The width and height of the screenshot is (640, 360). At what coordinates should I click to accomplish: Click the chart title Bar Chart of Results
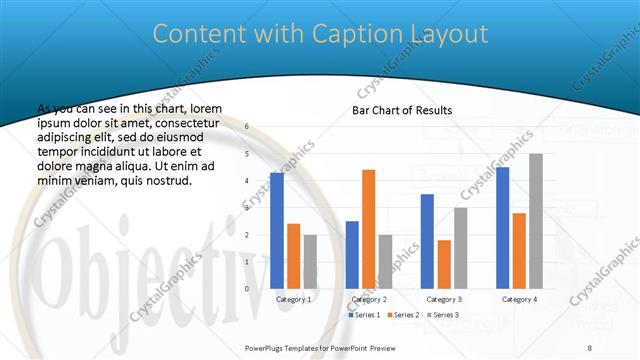pos(402,110)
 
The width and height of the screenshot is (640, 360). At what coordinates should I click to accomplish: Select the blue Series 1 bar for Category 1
pos(277,230)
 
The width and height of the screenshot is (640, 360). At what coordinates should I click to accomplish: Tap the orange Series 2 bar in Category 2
pos(368,229)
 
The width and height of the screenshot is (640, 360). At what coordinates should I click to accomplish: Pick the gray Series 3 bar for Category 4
pos(535,221)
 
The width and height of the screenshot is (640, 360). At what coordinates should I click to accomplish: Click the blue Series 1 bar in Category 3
pos(427,241)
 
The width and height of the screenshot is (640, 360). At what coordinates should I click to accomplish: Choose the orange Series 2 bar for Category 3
pos(443,264)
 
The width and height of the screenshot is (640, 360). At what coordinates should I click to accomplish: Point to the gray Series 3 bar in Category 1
pos(310,261)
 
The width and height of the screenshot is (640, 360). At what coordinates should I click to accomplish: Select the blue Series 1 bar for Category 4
pos(502,227)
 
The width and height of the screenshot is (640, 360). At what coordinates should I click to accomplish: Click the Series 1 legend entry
pos(365,315)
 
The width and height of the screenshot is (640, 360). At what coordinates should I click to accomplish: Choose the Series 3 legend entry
pos(443,315)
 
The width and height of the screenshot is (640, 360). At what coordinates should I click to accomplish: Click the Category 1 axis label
pos(293,299)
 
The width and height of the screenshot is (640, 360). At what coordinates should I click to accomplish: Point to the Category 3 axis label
pos(443,299)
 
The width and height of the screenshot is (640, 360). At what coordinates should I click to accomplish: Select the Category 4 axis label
pos(518,299)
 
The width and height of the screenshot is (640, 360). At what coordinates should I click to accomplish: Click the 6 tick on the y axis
pos(247,127)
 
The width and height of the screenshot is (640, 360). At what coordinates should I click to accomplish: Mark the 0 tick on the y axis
pos(247,288)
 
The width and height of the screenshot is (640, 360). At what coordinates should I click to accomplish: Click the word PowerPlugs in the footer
pos(267,348)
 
